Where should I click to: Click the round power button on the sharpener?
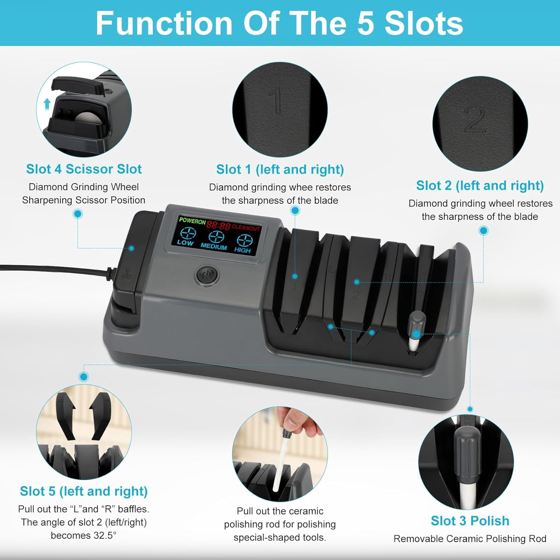click(207, 276)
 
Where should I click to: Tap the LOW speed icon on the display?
click(187, 236)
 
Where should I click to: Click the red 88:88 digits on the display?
click(219, 225)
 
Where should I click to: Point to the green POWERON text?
click(192, 221)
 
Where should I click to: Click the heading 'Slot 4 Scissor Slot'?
click(84, 169)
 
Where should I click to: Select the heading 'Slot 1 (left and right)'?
click(280, 169)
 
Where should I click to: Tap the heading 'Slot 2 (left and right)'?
click(480, 186)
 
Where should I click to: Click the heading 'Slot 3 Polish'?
click(470, 521)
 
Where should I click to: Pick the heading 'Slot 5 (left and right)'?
click(84, 491)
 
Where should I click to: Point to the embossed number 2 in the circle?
click(475, 119)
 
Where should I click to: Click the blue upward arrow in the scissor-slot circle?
click(47, 104)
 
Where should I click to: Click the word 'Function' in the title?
click(164, 23)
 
